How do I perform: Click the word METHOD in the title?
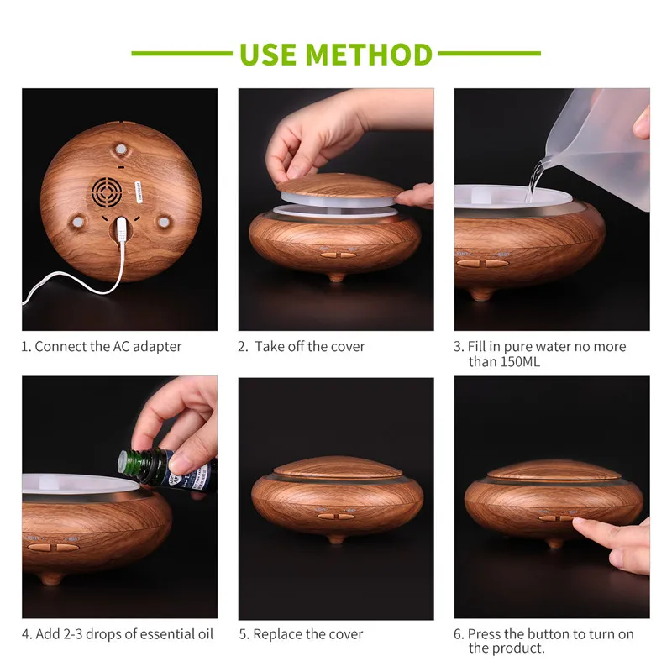tap(369, 55)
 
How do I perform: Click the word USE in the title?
tap(268, 55)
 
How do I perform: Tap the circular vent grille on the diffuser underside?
tap(107, 192)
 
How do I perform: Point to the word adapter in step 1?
tap(157, 346)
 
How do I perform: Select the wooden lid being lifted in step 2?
tap(339, 187)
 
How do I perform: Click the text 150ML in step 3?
tap(520, 362)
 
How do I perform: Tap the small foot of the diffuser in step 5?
tap(337, 539)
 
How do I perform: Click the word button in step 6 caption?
tap(549, 634)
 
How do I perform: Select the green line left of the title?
tap(181, 54)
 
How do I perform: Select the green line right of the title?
tap(489, 54)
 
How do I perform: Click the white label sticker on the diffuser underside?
tap(139, 192)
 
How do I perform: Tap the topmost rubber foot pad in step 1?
tap(121, 150)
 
